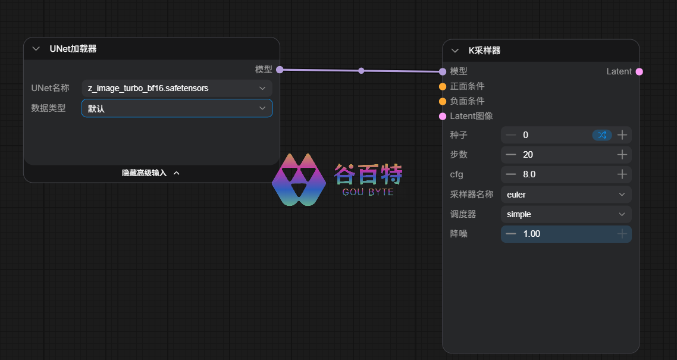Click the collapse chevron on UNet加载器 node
point(36,49)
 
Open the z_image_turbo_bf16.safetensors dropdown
point(177,88)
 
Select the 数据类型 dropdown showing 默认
point(177,108)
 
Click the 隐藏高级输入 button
point(151,173)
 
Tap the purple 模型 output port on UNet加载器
point(280,70)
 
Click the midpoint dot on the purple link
point(361,71)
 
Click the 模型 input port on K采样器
point(443,71)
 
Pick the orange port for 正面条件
point(443,87)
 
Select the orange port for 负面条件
point(443,101)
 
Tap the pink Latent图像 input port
point(443,116)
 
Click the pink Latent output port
point(640,71)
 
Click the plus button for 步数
point(622,155)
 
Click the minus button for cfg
point(511,174)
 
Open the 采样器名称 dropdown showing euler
point(566,195)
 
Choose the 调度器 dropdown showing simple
point(566,215)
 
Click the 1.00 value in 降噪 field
point(531,234)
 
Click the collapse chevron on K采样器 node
point(455,51)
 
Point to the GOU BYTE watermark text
point(368,192)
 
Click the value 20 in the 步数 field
point(528,155)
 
